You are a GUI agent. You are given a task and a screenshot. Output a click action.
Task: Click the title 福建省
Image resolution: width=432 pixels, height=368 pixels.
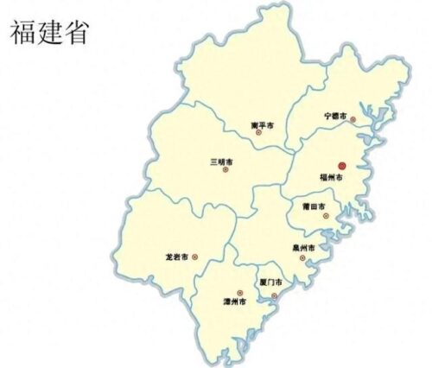click(50, 33)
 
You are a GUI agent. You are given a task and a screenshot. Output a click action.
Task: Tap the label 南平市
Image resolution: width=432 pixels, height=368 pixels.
click(262, 125)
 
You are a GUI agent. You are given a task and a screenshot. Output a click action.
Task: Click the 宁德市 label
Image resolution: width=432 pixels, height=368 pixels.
click(335, 115)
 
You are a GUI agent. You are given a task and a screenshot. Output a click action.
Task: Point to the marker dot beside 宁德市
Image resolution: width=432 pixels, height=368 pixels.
click(353, 119)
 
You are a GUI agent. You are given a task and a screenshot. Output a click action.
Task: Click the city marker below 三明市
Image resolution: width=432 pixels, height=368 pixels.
click(226, 169)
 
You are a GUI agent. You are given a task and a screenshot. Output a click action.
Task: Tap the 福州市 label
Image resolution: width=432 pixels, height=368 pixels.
click(332, 177)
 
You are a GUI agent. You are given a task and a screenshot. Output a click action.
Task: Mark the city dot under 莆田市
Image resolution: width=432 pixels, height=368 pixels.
click(326, 216)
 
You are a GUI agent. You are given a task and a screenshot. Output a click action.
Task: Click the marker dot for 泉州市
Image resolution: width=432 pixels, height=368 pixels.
click(302, 257)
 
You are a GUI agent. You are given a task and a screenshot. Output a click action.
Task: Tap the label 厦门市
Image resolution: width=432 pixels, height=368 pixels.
click(269, 282)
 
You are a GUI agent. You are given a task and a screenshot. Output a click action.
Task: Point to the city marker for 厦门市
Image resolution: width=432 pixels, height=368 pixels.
click(275, 296)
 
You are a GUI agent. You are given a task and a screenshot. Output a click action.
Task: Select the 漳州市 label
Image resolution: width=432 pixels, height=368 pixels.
click(234, 302)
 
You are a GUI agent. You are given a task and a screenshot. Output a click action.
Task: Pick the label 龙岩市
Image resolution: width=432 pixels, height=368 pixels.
click(176, 257)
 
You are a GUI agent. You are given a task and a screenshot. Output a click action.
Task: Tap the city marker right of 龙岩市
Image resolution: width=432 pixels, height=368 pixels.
click(194, 257)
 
